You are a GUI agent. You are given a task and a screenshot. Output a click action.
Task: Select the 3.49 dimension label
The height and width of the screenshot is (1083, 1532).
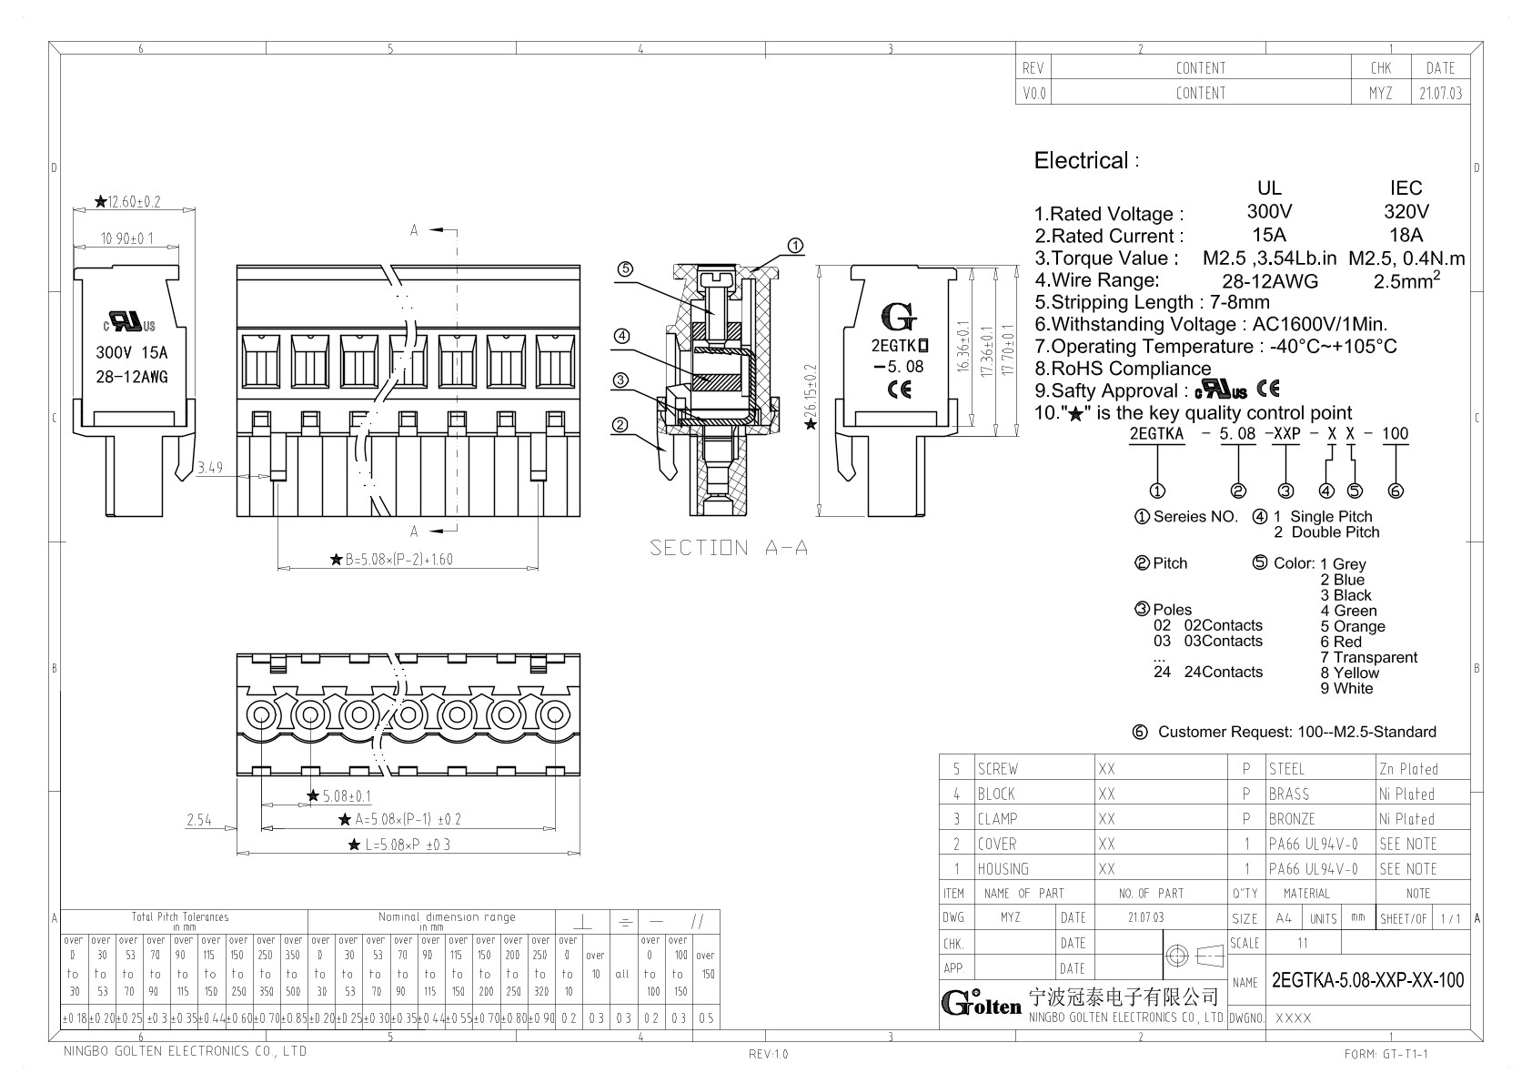(x=210, y=469)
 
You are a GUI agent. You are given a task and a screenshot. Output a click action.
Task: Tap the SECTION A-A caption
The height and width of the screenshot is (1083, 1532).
(x=729, y=548)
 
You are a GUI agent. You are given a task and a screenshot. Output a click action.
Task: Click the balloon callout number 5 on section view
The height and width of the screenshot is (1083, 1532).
(x=624, y=268)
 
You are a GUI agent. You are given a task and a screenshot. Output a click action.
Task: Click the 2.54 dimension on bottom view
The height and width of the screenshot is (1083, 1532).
(x=199, y=820)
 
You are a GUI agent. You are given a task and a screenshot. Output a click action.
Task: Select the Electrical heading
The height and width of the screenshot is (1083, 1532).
(x=1082, y=161)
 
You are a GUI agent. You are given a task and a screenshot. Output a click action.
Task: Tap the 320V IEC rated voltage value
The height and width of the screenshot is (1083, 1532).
(x=1406, y=211)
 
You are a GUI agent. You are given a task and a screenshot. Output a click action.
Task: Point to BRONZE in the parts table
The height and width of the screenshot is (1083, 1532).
(x=1292, y=819)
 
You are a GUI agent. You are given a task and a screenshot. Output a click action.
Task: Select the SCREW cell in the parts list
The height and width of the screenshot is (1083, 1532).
(x=998, y=769)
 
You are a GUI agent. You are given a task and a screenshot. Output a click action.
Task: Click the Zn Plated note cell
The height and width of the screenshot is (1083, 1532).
(x=1408, y=769)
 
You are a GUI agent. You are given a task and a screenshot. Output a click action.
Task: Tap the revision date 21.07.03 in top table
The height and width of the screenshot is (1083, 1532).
(x=1440, y=93)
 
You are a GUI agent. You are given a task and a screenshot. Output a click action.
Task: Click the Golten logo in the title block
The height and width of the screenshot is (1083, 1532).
(x=981, y=1003)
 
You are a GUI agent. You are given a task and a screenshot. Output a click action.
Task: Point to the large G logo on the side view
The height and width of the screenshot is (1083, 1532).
(x=899, y=318)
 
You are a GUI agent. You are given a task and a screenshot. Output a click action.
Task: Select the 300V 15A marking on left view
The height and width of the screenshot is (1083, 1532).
(x=132, y=353)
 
